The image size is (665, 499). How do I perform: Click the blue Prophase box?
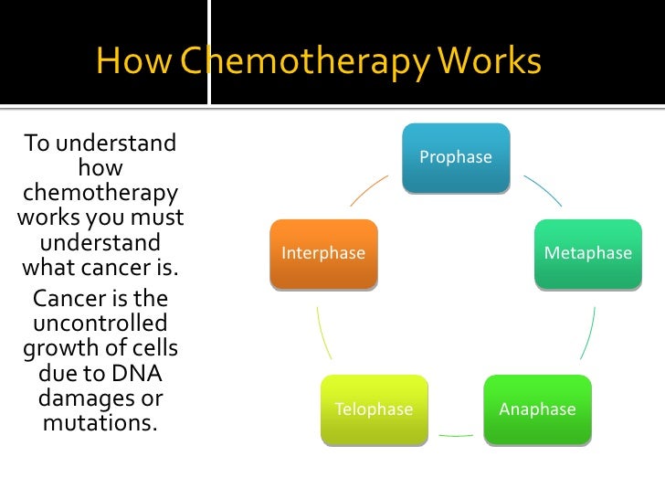pos(456,158)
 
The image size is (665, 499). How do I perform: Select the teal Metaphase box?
pos(588,253)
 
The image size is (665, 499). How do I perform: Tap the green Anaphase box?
pos(538,409)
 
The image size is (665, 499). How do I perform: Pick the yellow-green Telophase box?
pos(374,409)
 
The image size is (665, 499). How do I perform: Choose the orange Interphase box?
pos(323,253)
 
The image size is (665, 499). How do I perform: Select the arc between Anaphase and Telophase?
pos(456,436)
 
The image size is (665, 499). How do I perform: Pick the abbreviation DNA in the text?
pos(135,374)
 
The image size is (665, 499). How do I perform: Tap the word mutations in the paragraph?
pos(99,424)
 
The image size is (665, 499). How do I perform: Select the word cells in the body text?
pos(153,348)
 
